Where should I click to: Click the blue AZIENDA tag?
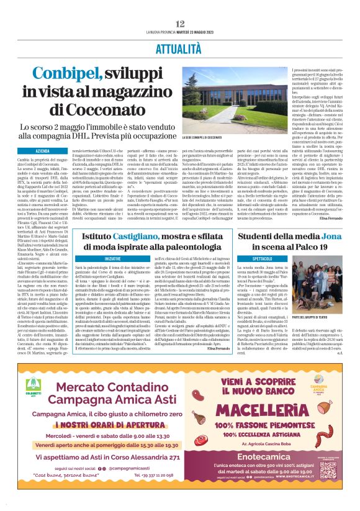(x=43, y=151)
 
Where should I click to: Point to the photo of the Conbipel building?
(x=222, y=99)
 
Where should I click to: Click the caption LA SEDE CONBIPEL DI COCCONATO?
(x=204, y=137)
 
